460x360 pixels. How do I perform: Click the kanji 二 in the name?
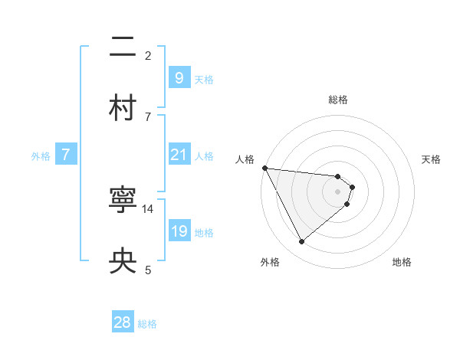click(123, 48)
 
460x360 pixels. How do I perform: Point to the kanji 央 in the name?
click(123, 261)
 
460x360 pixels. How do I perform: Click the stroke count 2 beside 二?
click(148, 55)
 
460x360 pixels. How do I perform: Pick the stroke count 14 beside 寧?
click(148, 208)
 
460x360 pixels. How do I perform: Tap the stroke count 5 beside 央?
click(148, 269)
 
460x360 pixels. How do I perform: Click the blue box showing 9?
click(179, 78)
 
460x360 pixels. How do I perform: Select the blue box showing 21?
click(179, 155)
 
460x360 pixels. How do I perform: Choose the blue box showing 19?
click(179, 231)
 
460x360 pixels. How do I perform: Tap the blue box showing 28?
click(123, 322)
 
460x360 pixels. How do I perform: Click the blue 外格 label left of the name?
click(41, 155)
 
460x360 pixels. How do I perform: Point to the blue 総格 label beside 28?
click(147, 324)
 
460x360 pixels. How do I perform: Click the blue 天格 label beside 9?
click(204, 80)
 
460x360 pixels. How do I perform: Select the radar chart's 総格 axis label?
click(338, 100)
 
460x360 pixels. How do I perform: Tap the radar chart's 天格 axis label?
click(431, 159)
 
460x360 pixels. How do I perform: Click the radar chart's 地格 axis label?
click(402, 262)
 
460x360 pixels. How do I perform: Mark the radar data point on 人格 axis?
click(264, 168)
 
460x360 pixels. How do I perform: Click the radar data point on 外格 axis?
click(301, 242)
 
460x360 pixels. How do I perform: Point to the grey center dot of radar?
click(338, 191)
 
